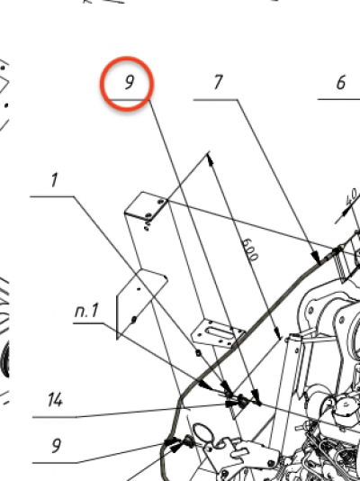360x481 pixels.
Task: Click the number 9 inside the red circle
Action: (x=130, y=82)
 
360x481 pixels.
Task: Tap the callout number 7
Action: (x=218, y=82)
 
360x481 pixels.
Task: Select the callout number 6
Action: (x=341, y=83)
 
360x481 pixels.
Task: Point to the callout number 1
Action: (x=55, y=180)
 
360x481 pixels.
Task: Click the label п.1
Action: (x=86, y=310)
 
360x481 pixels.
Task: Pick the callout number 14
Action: (x=56, y=400)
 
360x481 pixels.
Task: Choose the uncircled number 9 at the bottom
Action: (x=56, y=446)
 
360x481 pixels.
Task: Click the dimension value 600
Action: (x=250, y=250)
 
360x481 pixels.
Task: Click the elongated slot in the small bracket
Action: (x=219, y=332)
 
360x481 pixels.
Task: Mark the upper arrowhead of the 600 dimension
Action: (x=211, y=159)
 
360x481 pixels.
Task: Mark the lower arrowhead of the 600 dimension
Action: (x=277, y=333)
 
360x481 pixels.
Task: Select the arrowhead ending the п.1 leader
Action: (x=204, y=385)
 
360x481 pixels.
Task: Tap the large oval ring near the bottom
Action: (x=202, y=432)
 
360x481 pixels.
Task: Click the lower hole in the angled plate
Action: (x=134, y=320)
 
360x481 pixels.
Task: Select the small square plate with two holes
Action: (x=146, y=205)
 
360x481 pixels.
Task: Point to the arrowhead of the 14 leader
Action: (x=231, y=404)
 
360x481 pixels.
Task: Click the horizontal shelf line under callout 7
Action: (x=215, y=99)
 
